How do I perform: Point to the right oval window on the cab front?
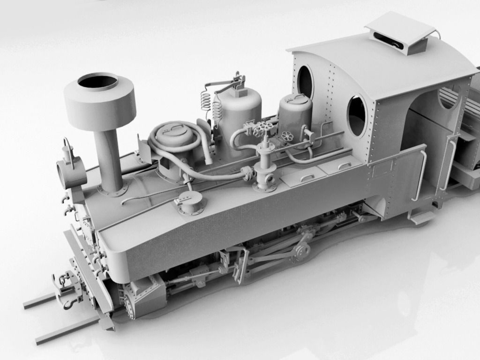357,115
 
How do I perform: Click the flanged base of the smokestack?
112,190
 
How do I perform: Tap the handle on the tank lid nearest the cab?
345,166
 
